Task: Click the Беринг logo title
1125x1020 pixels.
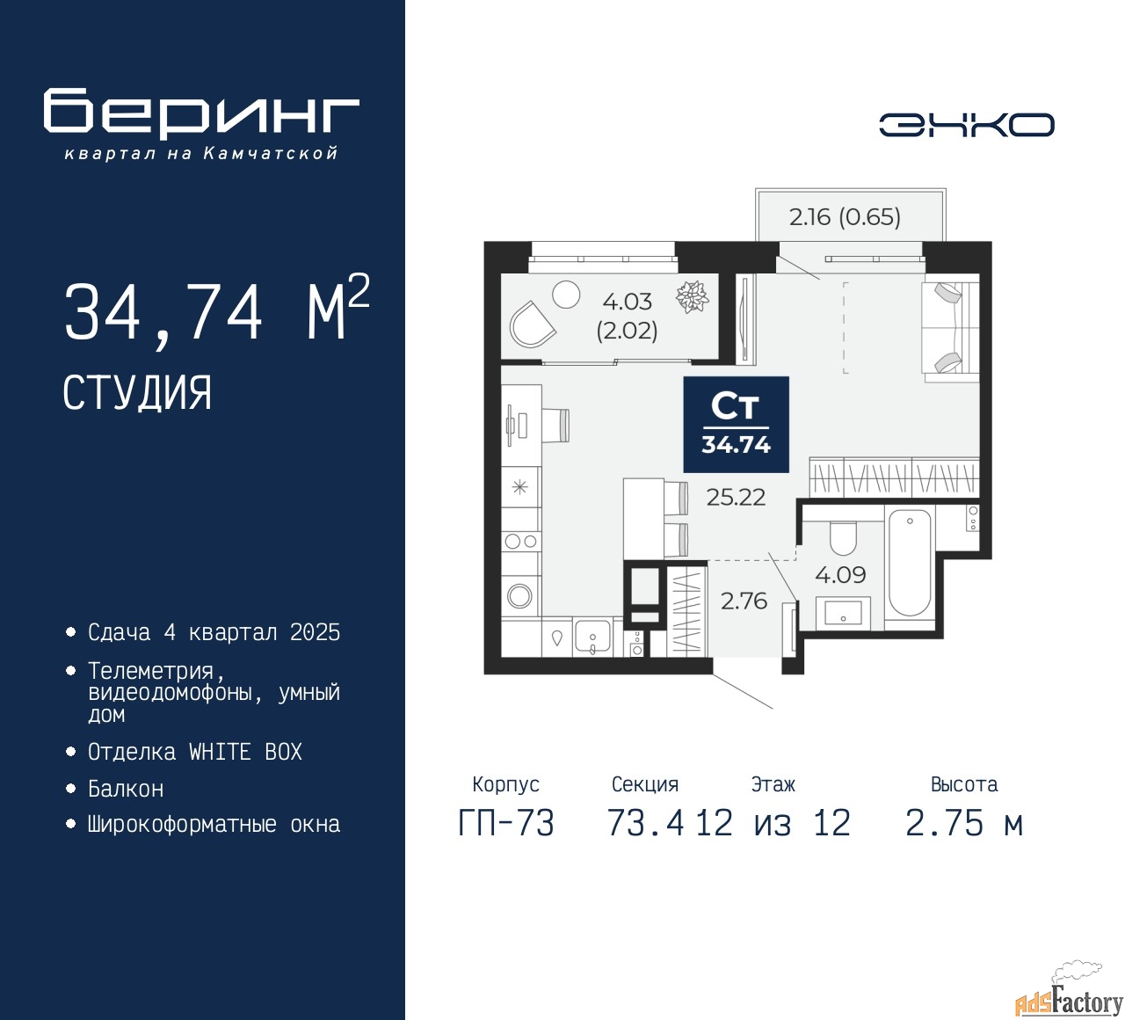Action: (x=201, y=113)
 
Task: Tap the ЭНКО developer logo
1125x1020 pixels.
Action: (x=966, y=125)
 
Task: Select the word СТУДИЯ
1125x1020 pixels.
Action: (x=137, y=393)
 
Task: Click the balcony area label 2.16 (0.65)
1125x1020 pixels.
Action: (x=845, y=216)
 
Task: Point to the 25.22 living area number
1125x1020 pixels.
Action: (x=736, y=498)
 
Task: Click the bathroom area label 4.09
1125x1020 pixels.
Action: (x=840, y=575)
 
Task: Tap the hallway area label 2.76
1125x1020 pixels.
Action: (x=744, y=601)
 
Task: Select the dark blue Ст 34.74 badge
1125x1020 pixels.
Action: (x=736, y=425)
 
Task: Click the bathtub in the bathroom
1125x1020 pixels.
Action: (x=909, y=563)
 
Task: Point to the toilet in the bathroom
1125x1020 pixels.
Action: (x=843, y=537)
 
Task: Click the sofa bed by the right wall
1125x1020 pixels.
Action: (x=949, y=328)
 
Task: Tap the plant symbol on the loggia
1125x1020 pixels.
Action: (x=693, y=297)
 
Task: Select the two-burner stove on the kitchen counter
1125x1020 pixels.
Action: (x=520, y=542)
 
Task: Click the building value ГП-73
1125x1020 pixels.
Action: (x=506, y=824)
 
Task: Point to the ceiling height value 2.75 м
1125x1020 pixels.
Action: (x=963, y=824)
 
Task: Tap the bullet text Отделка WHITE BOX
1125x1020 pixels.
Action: (x=194, y=752)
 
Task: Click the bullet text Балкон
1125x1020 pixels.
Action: (x=126, y=789)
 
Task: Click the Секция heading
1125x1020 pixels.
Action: (x=644, y=784)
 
